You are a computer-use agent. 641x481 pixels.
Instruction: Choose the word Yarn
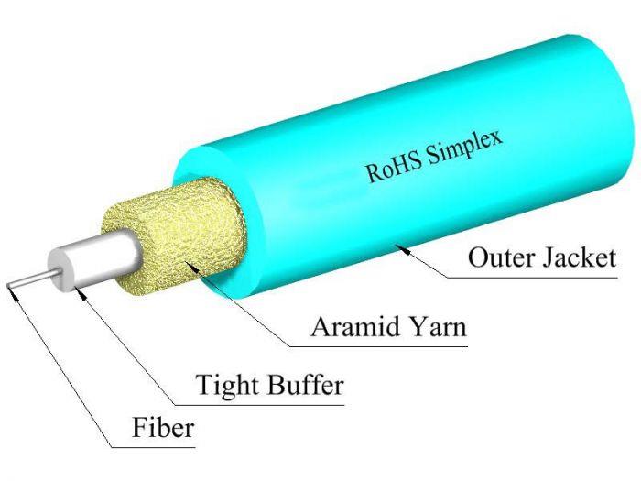[x=436, y=327]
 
